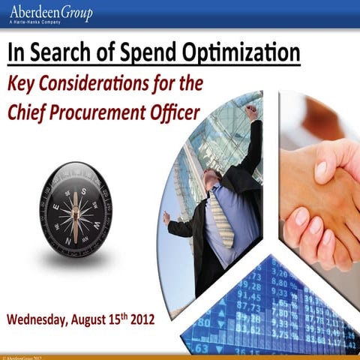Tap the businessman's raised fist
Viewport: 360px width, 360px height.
(x=250, y=112)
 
